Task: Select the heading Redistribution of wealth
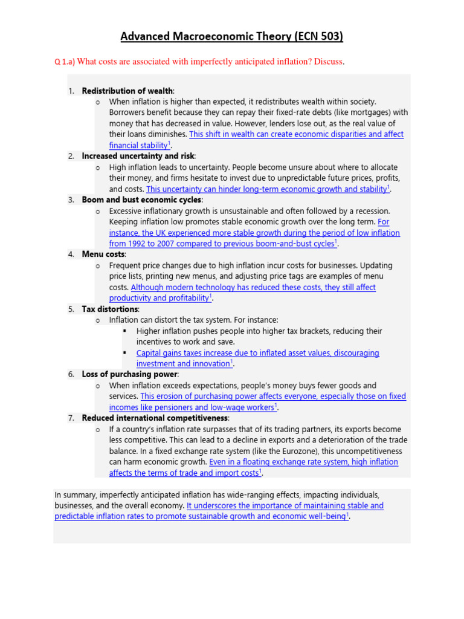click(x=127, y=91)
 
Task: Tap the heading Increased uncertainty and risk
click(x=138, y=156)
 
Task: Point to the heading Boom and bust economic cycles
click(x=142, y=199)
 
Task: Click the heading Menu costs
click(x=103, y=254)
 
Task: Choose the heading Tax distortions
click(x=110, y=309)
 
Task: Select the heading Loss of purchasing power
click(x=130, y=374)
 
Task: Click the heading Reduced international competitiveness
click(x=155, y=418)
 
